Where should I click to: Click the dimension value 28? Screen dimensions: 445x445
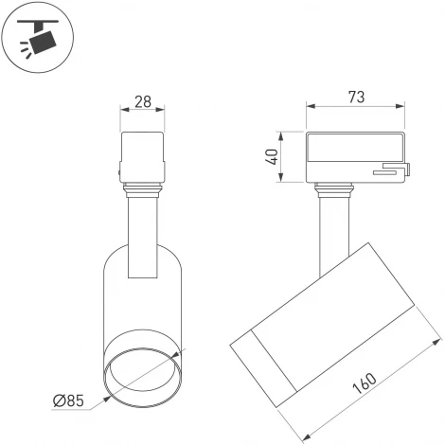pos(144,100)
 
